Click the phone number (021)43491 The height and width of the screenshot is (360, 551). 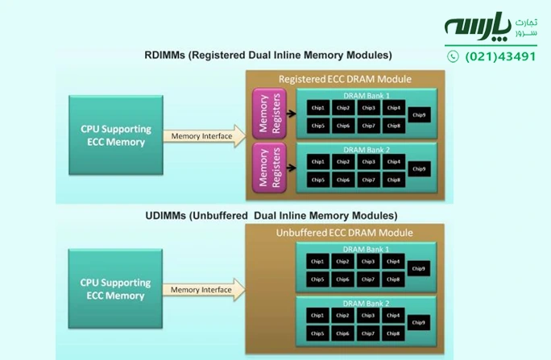500,56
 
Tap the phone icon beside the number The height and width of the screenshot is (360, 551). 453,56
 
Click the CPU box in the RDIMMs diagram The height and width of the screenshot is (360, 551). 113,135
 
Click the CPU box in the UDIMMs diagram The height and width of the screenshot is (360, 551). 113,289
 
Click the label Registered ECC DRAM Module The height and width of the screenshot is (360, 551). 345,79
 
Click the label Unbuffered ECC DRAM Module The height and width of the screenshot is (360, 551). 345,233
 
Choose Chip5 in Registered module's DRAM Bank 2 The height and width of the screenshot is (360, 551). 318,180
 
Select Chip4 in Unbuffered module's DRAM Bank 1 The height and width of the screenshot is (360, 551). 393,262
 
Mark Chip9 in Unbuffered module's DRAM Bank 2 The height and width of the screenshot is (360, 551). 419,323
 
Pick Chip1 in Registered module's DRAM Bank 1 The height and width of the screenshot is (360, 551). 318,108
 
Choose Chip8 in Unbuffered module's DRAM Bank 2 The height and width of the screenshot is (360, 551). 393,333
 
